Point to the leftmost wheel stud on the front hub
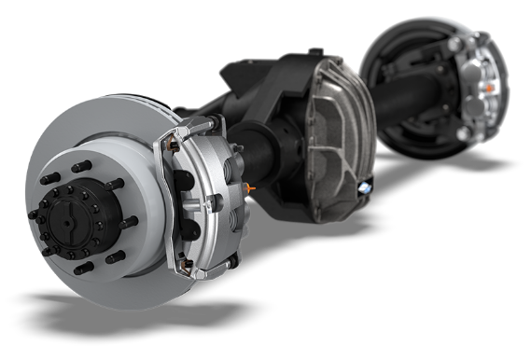(34, 214)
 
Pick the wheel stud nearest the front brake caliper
(127, 222)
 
